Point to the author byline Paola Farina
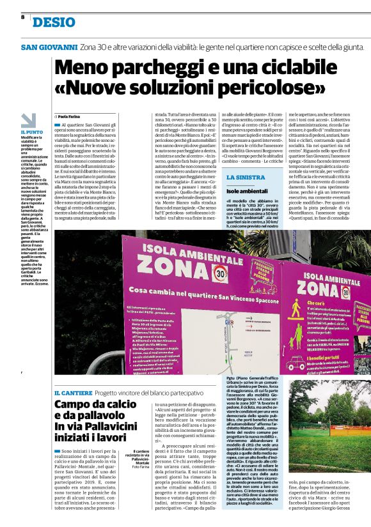point(73,115)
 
